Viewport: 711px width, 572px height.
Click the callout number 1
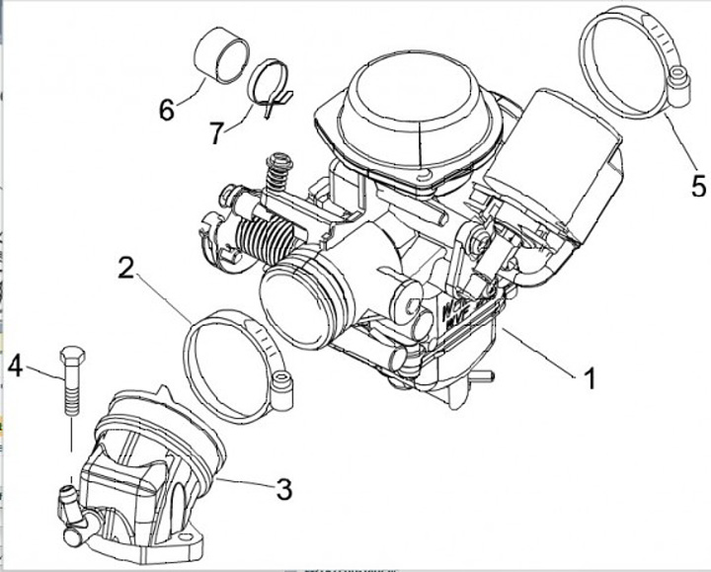click(589, 377)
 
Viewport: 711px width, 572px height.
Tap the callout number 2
click(125, 268)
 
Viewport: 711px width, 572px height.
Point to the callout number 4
click(16, 367)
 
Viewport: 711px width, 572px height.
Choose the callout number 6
click(167, 109)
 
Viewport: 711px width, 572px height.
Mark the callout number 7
click(217, 132)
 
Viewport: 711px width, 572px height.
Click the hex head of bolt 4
click(71, 356)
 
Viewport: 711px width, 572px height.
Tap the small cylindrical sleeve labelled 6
click(218, 54)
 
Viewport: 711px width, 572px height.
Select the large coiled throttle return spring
click(267, 240)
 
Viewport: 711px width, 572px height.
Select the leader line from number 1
click(538, 350)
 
